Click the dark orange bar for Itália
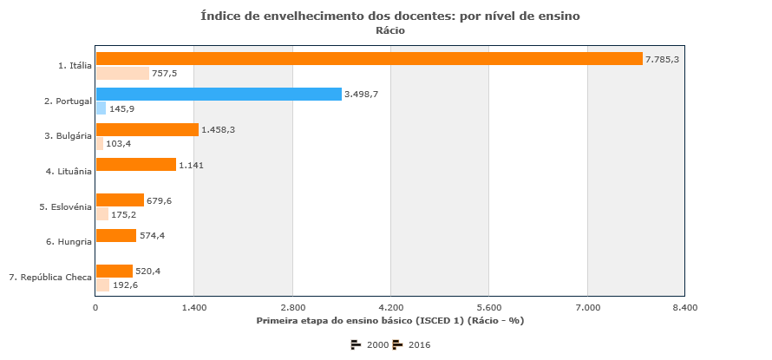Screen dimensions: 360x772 [x=369, y=59]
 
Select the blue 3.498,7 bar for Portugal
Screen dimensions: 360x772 [x=219, y=94]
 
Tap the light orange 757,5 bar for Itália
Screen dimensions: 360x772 [x=122, y=74]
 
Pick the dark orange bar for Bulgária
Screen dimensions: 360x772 [x=147, y=129]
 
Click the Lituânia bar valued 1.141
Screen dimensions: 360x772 [x=135, y=165]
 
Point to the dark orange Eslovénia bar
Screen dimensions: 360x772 [x=120, y=200]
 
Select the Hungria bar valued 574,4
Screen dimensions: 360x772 [x=116, y=235]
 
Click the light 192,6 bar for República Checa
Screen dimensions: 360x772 [x=102, y=285]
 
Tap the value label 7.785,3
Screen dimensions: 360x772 [x=662, y=59]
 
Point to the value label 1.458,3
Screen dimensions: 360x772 [x=218, y=129]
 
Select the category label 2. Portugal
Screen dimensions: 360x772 [x=68, y=101]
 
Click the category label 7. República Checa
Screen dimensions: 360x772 [x=50, y=278]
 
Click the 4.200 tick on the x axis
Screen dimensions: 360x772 [x=391, y=307]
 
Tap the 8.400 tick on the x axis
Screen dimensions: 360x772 [x=684, y=307]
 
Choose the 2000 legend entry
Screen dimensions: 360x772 [x=370, y=344]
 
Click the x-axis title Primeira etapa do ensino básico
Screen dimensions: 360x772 [x=390, y=321]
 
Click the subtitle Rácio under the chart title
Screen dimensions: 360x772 [x=390, y=30]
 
